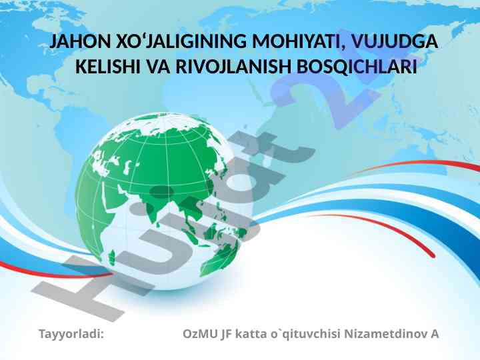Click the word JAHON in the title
pyautogui.click(x=80, y=41)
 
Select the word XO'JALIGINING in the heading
pyautogui.click(x=181, y=41)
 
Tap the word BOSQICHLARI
pyautogui.click(x=357, y=67)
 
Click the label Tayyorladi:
pyautogui.click(x=71, y=334)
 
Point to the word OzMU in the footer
pyautogui.click(x=200, y=334)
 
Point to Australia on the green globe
pyautogui.click(x=221, y=257)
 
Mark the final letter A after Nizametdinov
pyautogui.click(x=435, y=334)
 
